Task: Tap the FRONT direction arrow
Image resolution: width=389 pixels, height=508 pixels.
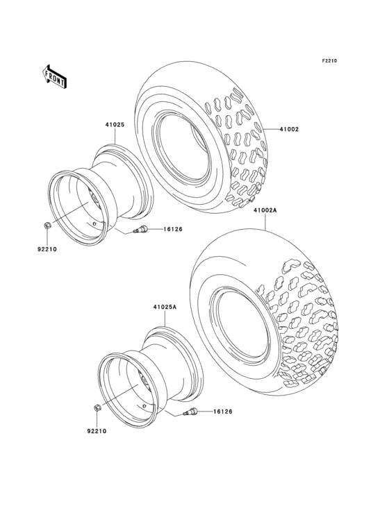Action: click(x=55, y=76)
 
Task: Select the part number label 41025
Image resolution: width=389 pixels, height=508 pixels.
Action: click(x=115, y=126)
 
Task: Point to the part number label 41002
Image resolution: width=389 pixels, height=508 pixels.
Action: click(x=290, y=129)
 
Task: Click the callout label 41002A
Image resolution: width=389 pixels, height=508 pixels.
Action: click(x=265, y=210)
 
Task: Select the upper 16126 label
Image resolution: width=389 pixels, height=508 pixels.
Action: click(x=173, y=230)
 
